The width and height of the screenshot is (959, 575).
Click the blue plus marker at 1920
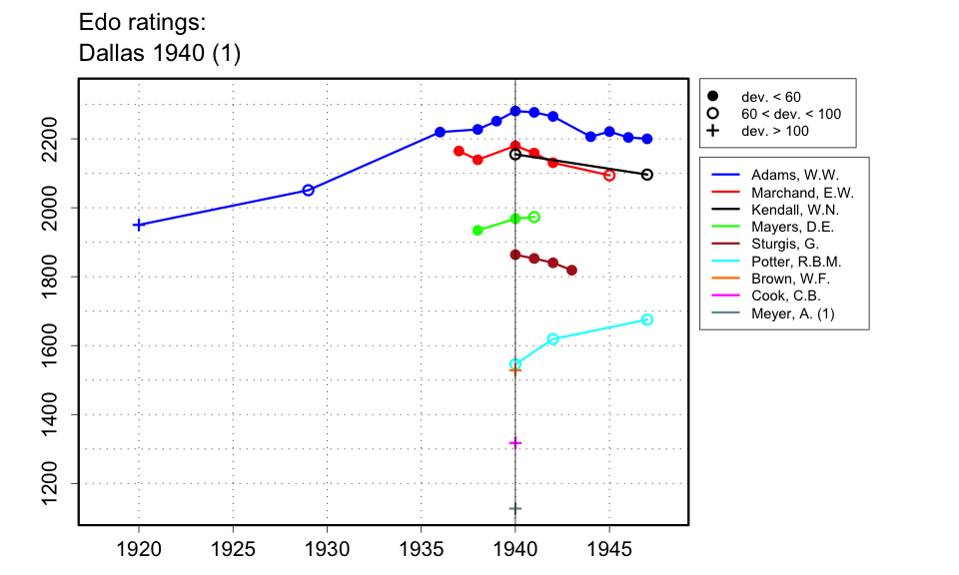(139, 225)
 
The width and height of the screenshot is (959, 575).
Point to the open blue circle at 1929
(308, 190)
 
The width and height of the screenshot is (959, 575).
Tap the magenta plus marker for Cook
(515, 443)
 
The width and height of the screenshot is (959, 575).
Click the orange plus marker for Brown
(515, 370)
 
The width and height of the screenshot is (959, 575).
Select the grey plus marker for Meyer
(515, 509)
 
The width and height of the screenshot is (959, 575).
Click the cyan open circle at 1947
(647, 319)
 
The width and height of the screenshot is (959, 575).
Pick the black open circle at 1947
(647, 175)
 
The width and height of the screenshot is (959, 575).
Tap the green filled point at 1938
(478, 231)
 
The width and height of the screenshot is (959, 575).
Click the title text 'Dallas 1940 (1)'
(160, 54)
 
